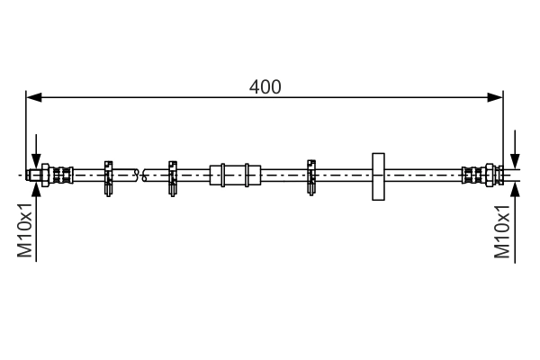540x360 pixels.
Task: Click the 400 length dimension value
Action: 265,87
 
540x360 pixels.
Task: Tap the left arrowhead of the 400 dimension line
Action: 32,97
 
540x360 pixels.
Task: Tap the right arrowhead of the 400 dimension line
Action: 496,97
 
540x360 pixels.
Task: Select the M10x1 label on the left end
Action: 25,232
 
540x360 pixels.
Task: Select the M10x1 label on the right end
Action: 503,232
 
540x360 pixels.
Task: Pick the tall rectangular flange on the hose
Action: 378,175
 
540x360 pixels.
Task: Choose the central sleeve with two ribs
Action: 235,174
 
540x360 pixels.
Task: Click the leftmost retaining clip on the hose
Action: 108,175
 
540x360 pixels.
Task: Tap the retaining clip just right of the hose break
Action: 171,175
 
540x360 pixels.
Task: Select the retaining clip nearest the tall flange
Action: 312,175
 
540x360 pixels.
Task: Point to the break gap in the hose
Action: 139,174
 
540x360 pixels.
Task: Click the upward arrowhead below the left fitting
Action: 36,188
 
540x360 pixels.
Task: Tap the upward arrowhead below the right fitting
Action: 514,188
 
